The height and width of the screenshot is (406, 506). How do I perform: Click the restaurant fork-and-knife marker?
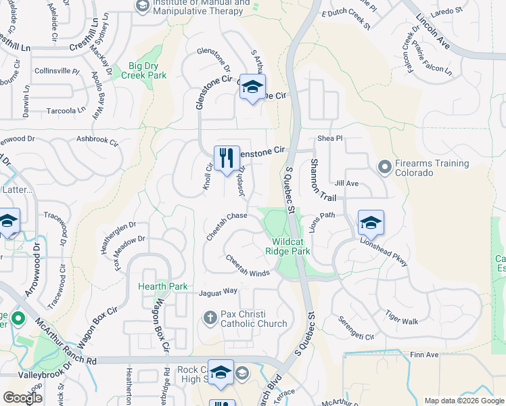[227, 158]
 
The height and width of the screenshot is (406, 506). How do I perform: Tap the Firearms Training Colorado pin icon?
[384, 166]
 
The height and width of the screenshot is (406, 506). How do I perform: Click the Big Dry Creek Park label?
[139, 71]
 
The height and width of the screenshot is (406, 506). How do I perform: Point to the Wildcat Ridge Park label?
[292, 246]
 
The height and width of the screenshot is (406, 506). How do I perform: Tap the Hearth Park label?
[163, 286]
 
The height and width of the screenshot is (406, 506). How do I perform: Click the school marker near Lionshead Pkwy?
[371, 223]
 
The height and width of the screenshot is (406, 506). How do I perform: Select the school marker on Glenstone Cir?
[252, 87]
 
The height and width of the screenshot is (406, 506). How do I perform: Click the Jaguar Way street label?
[218, 292]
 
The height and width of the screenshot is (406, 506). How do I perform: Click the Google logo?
[22, 399]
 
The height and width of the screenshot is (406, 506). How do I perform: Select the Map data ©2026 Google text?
[463, 401]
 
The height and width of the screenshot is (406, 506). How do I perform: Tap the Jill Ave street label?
[346, 183]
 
